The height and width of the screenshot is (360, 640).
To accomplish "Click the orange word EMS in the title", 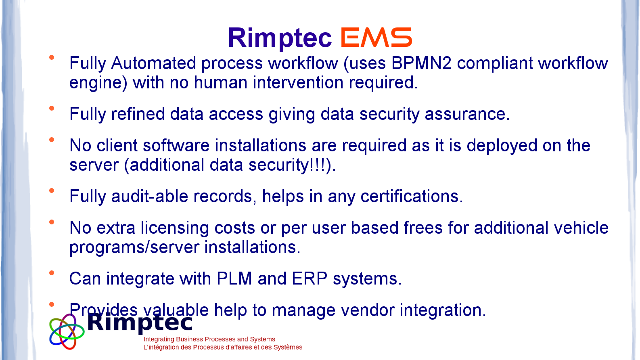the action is [376, 37].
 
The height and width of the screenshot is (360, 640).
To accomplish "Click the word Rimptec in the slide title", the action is [280, 38].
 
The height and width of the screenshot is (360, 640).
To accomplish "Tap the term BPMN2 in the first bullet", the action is [421, 63].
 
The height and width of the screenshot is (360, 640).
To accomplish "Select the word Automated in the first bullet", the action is [153, 63].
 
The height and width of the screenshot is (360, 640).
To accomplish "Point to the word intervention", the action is [298, 83].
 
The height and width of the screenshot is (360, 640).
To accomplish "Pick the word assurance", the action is [467, 114].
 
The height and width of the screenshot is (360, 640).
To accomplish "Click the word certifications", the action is [412, 197].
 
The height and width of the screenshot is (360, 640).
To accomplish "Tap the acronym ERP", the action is [310, 278].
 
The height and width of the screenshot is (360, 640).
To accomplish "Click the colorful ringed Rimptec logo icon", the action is [67, 331].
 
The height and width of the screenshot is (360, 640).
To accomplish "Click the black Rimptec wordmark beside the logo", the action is [140, 323].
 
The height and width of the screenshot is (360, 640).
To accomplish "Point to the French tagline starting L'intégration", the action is [223, 347].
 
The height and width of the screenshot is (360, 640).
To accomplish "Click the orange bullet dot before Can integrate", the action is [52, 273].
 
